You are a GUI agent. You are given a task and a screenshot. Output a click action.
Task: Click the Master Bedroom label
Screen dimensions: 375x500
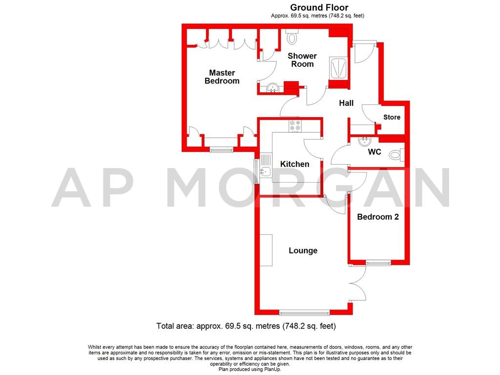[222, 77]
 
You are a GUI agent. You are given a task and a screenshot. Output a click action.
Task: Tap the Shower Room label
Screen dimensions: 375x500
[302, 60]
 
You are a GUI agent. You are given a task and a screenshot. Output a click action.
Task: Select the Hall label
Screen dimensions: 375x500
[346, 103]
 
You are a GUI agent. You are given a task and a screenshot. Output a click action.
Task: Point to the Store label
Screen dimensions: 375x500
[392, 117]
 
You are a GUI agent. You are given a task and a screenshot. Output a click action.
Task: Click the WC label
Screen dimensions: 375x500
[375, 152]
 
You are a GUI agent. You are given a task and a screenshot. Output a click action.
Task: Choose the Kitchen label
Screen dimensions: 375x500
[294, 164]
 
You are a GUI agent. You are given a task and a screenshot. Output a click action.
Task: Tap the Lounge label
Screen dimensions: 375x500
[303, 250]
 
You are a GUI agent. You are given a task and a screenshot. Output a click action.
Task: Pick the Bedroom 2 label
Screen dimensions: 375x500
[377, 217]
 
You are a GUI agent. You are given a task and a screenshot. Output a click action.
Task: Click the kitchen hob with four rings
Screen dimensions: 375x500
[295, 126]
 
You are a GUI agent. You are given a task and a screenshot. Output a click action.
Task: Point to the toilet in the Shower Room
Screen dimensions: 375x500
[292, 37]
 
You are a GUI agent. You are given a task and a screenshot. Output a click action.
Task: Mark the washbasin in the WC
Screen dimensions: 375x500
[364, 142]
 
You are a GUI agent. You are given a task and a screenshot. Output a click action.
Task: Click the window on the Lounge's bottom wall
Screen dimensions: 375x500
[304, 312]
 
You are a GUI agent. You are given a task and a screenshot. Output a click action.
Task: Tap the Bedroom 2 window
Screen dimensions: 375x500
[378, 263]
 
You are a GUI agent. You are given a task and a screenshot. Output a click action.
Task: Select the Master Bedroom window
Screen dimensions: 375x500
[222, 149]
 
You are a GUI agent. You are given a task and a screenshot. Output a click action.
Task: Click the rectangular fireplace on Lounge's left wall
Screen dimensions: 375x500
[266, 250]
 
